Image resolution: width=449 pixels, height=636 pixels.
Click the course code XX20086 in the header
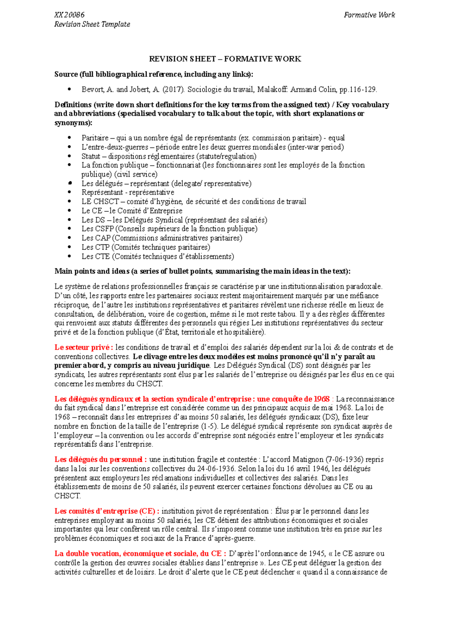pyautogui.click(x=69, y=15)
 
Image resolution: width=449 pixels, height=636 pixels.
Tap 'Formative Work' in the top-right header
pyautogui.click(x=369, y=15)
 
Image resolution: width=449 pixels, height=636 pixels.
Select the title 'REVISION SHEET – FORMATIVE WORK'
pyautogui.click(x=225, y=59)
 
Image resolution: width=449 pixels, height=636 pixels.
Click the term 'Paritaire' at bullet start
pyautogui.click(x=95, y=138)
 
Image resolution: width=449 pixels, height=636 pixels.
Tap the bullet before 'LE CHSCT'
pyautogui.click(x=70, y=202)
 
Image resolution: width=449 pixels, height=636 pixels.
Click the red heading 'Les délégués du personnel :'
pyautogui.click(x=100, y=460)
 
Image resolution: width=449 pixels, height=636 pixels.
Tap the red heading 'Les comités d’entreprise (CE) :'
pyautogui.click(x=107, y=511)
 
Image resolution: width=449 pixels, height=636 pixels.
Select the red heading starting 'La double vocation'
pyautogui.click(x=140, y=554)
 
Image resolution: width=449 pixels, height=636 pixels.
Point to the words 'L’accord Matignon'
pyautogui.click(x=293, y=460)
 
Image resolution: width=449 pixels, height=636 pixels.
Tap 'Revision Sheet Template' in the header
pyautogui.click(x=92, y=24)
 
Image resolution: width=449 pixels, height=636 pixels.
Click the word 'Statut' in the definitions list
pyautogui.click(x=91, y=156)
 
